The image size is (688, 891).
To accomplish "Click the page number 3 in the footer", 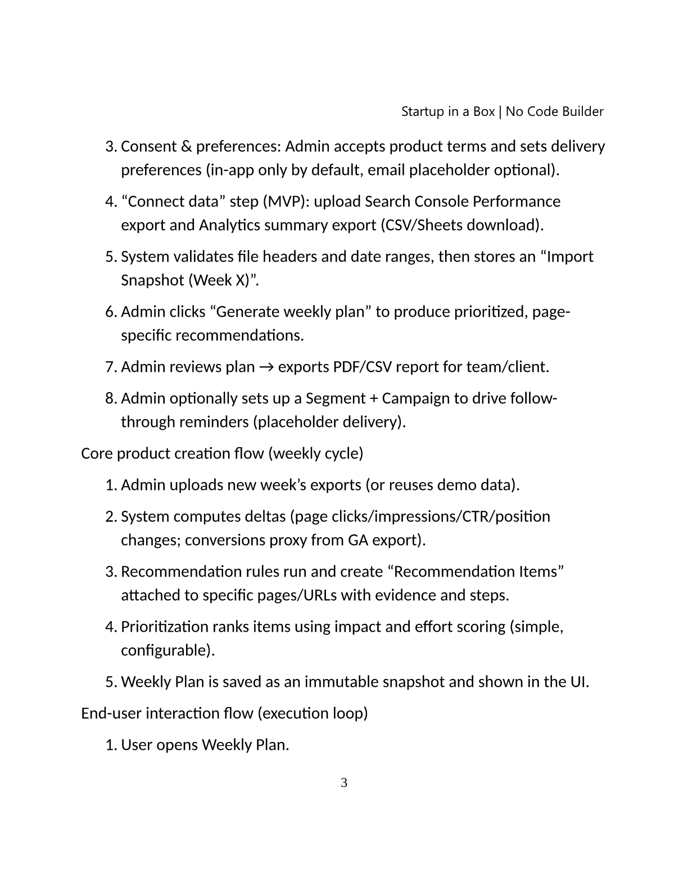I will pos(344,782).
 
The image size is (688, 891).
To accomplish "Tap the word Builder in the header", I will pos(582,111).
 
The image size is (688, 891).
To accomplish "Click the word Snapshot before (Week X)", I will pos(152,280).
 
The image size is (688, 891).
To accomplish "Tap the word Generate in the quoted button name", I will pos(247,312).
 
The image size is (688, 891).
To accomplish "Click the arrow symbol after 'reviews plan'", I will pos(266,367).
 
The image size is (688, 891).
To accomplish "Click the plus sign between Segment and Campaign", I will pos(374,398).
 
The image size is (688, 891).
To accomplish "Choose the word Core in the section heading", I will pos(97,453).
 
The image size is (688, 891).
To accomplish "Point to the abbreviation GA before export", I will pos(358,540).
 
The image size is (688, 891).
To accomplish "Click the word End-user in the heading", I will pos(111,713).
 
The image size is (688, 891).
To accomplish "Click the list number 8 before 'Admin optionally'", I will pos(110,398).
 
